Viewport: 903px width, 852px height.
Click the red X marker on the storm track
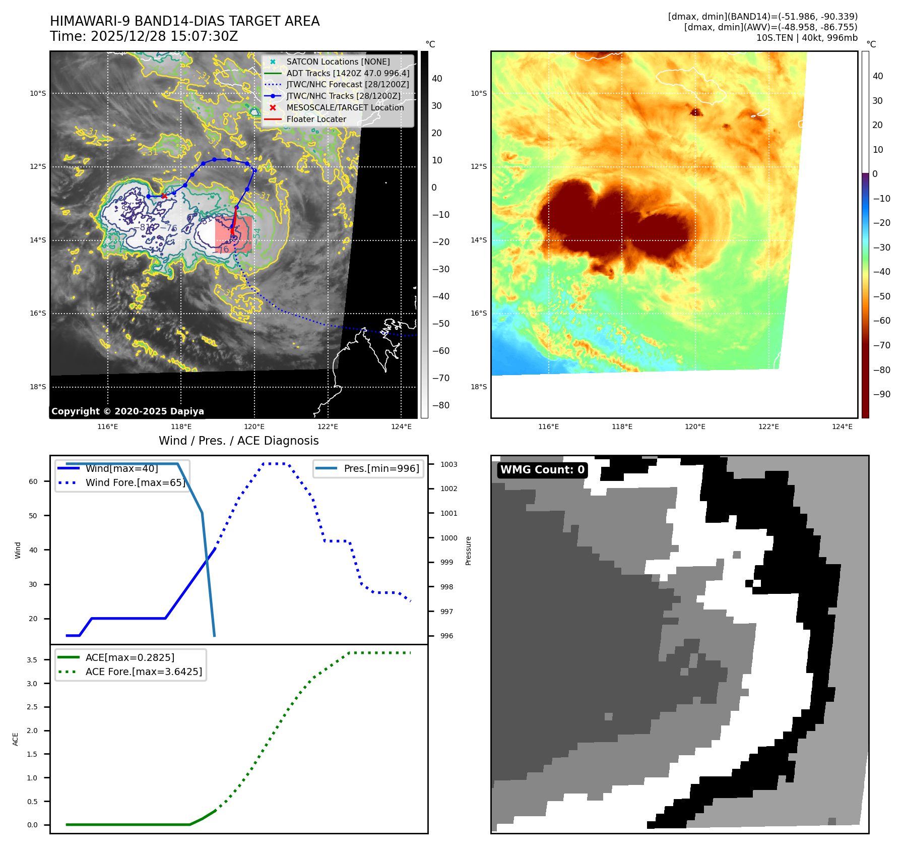coord(164,196)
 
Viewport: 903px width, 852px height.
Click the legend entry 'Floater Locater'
coord(316,119)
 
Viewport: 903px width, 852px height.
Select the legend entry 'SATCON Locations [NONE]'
coord(338,62)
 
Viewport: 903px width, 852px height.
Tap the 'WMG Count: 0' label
coord(542,470)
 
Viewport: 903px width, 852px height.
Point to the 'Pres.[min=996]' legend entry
coord(381,469)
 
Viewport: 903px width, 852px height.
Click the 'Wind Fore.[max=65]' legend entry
coord(135,483)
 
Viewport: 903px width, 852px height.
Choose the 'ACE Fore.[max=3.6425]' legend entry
coord(144,672)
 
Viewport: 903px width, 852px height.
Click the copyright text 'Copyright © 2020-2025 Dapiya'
coord(127,411)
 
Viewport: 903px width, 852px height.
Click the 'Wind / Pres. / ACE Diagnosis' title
coord(238,441)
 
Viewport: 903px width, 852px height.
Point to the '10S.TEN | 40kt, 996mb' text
coord(806,38)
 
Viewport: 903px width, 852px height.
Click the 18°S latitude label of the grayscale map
coord(38,387)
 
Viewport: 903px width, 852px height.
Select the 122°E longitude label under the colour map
coord(768,427)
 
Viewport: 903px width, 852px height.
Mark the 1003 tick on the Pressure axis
coord(448,464)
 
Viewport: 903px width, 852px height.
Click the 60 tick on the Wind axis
coord(33,481)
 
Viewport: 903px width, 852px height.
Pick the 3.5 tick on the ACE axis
coord(32,660)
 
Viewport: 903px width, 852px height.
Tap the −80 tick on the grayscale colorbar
coord(440,405)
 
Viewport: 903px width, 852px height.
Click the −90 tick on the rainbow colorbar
coord(881,394)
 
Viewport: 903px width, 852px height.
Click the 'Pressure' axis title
coord(469,551)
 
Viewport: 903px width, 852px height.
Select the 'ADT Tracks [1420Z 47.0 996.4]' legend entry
coord(348,74)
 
